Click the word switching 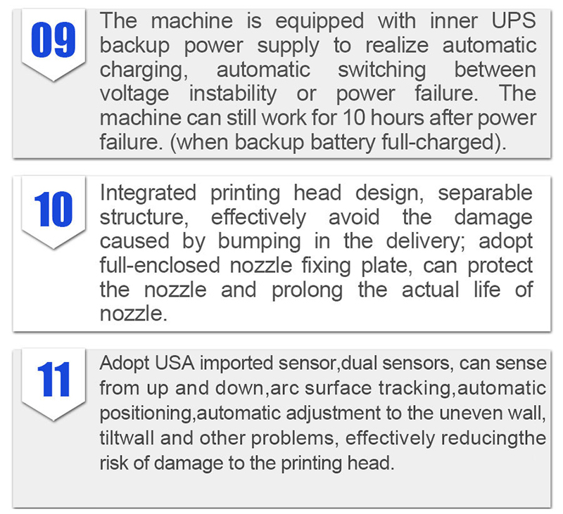[x=382, y=70]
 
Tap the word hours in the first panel [x=397, y=118]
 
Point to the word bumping [x=259, y=242]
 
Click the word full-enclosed [x=160, y=266]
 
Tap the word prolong [x=307, y=290]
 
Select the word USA [x=175, y=364]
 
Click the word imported [x=237, y=364]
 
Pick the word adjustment [x=333, y=413]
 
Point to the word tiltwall [x=127, y=438]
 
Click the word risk [x=114, y=463]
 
